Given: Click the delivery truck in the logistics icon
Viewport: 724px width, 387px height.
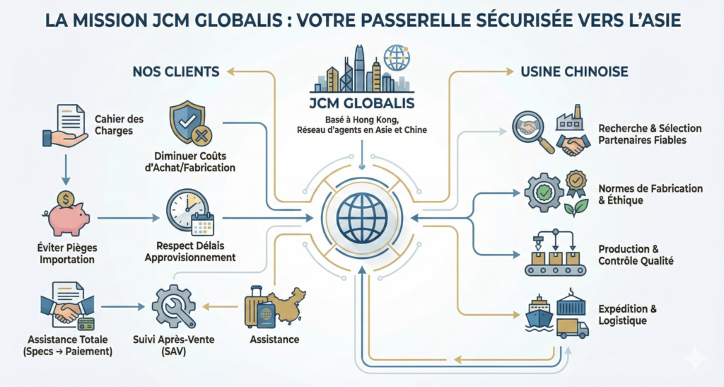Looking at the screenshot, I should [x=572, y=327].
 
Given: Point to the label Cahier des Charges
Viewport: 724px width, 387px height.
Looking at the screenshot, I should [x=114, y=125].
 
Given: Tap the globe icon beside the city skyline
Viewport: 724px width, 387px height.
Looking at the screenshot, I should [x=397, y=57].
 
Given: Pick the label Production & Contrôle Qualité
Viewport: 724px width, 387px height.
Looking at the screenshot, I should [x=636, y=255].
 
